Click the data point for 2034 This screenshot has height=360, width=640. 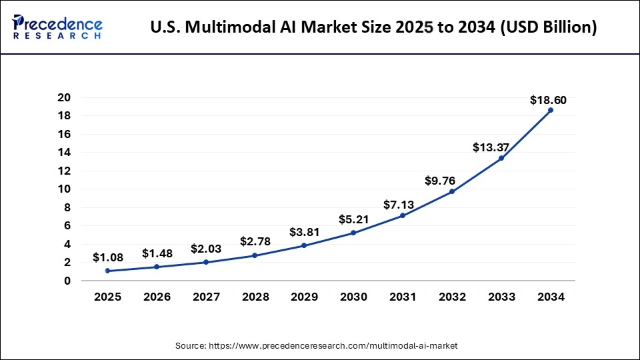point(550,110)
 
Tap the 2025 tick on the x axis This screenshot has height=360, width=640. point(107,297)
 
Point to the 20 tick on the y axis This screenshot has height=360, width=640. point(64,97)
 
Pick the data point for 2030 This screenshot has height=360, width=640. point(353,233)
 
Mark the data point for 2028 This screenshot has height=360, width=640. point(255,255)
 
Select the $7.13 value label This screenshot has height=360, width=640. point(401,205)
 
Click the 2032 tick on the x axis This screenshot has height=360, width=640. point(451,297)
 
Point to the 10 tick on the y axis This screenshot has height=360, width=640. point(64,189)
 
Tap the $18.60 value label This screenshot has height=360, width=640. point(548,101)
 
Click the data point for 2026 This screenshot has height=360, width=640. point(157,267)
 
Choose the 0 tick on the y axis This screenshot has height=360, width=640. point(67,281)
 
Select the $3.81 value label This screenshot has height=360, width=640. point(304,233)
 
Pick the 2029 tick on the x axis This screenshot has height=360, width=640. point(304,297)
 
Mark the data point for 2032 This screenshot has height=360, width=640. point(451,191)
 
